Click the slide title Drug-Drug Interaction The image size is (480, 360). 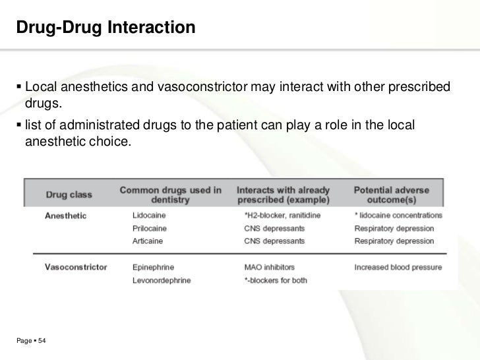tap(105, 28)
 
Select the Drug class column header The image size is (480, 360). tap(69, 195)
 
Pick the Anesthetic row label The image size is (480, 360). tap(65, 216)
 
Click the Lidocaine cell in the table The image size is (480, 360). tap(149, 216)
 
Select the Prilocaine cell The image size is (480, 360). tap(150, 228)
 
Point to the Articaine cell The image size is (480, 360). tap(148, 241)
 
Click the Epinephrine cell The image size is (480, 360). tap(153, 268)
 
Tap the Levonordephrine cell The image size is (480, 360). tap(162, 280)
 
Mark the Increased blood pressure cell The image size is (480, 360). tap(398, 268)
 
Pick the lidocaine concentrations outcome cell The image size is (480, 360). tap(398, 216)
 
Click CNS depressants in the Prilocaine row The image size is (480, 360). tap(275, 228)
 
